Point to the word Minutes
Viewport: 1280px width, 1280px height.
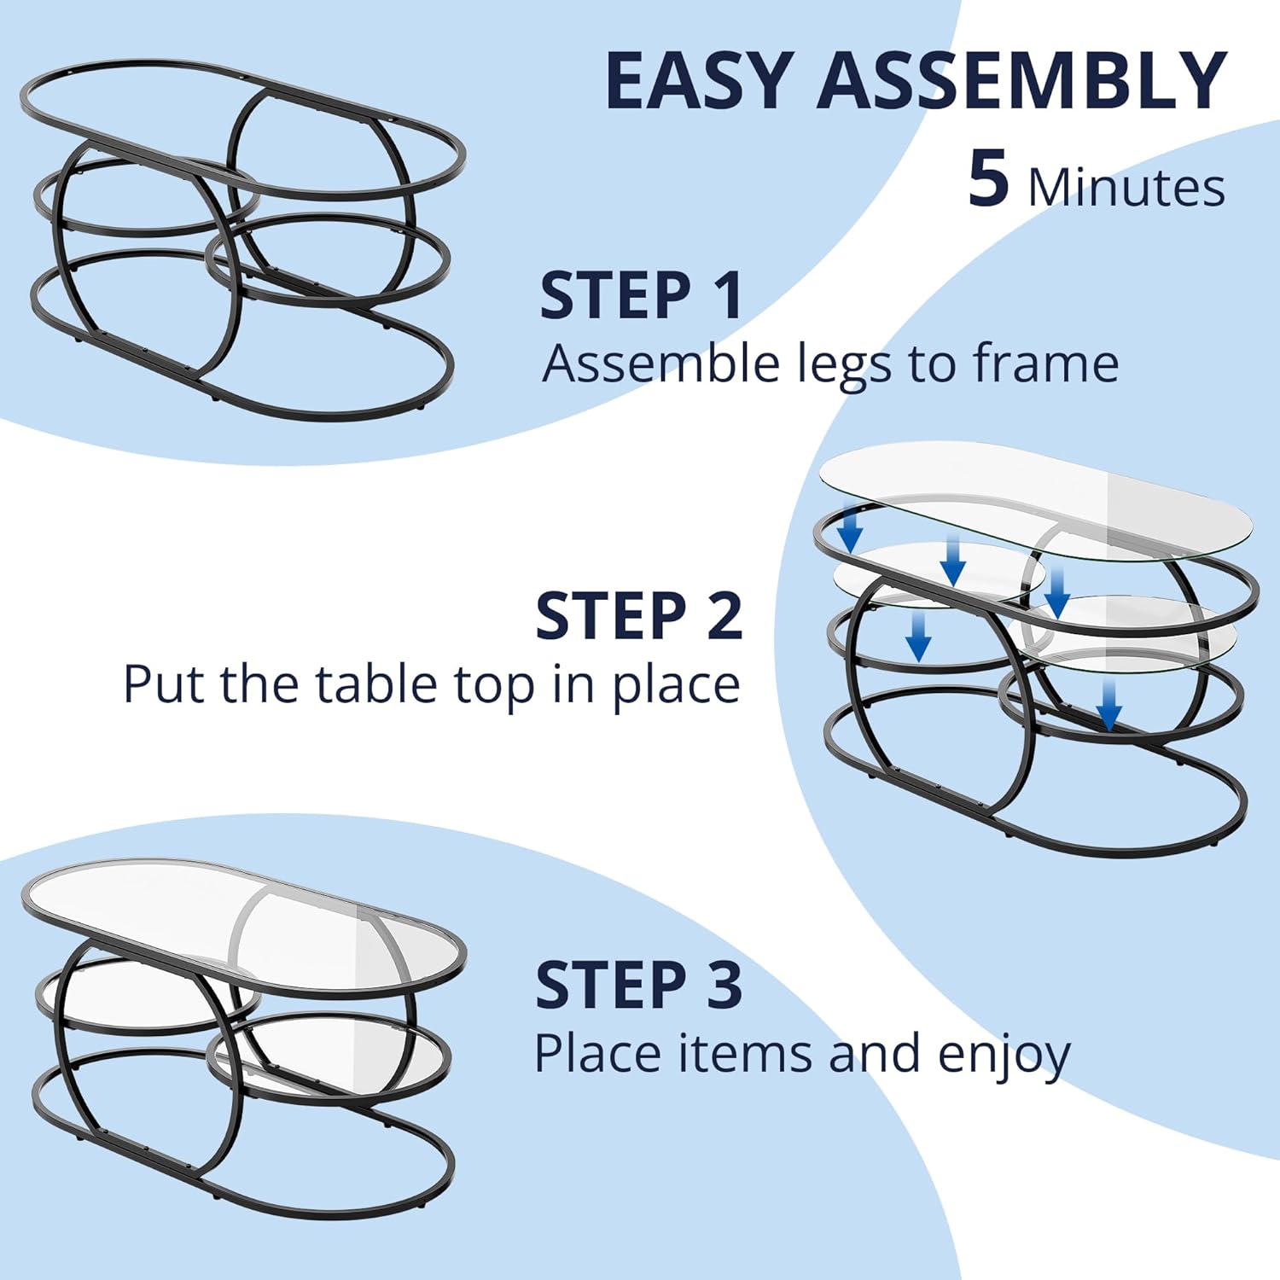coord(1126,188)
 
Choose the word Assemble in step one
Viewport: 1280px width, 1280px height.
coord(661,364)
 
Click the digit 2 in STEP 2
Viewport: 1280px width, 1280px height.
coord(725,615)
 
